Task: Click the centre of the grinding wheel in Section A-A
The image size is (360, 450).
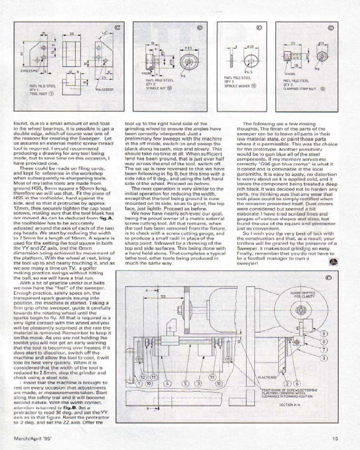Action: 299,312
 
